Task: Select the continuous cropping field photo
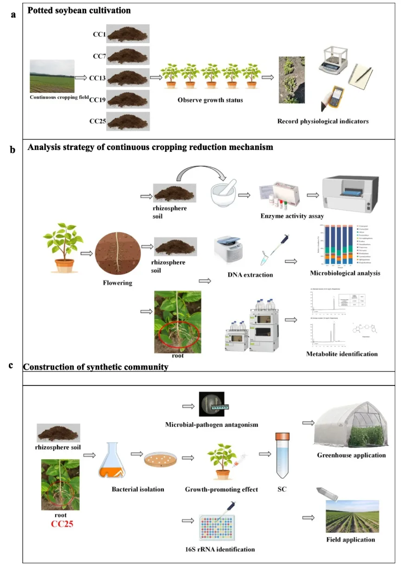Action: click(52, 76)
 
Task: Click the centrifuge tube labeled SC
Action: click(281, 456)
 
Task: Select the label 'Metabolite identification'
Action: click(342, 354)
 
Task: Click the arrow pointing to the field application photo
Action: click(309, 517)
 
